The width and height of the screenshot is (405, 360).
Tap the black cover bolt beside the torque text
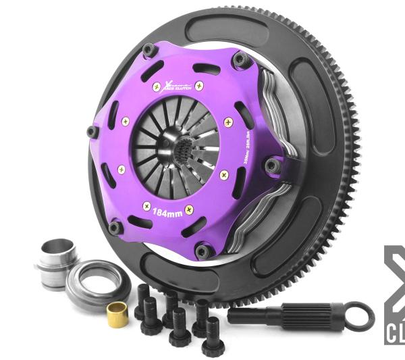(x=272, y=165)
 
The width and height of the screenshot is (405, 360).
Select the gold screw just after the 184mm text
(x=189, y=210)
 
